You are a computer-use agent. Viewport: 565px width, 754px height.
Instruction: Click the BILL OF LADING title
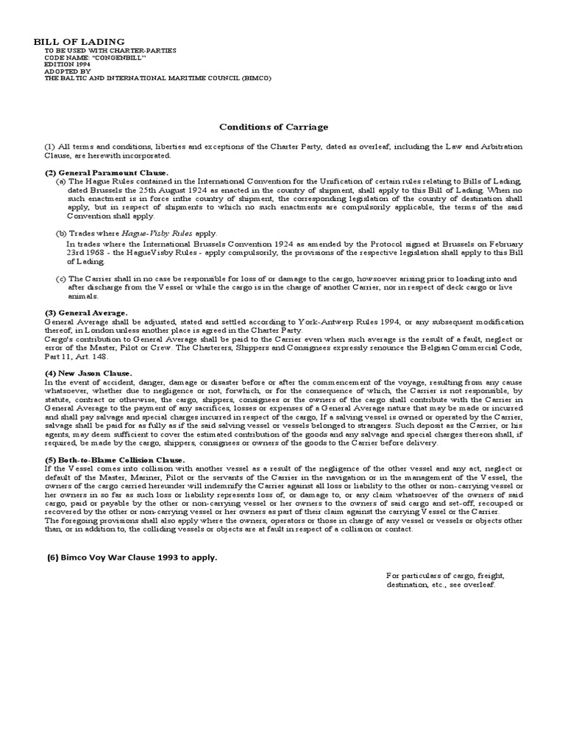pos(79,41)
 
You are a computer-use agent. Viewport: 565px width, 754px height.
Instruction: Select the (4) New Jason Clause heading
pos(88,373)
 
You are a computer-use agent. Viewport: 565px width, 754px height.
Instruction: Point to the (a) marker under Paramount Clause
pos(61,181)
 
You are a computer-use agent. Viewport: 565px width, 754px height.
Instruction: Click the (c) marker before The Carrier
pos(61,279)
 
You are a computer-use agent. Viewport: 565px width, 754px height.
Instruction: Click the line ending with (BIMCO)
pos(153,79)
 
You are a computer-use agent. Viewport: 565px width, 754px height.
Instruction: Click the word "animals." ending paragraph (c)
pos(82,296)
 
